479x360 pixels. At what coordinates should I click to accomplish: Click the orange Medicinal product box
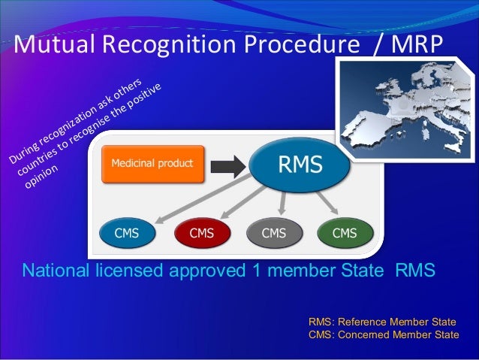point(153,163)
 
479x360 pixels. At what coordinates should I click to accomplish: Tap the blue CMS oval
point(125,234)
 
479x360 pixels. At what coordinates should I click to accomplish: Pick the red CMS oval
point(200,234)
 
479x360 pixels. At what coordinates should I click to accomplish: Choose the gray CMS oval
point(273,234)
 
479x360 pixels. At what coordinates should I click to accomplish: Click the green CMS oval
point(344,234)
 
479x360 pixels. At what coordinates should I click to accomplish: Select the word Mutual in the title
point(50,47)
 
